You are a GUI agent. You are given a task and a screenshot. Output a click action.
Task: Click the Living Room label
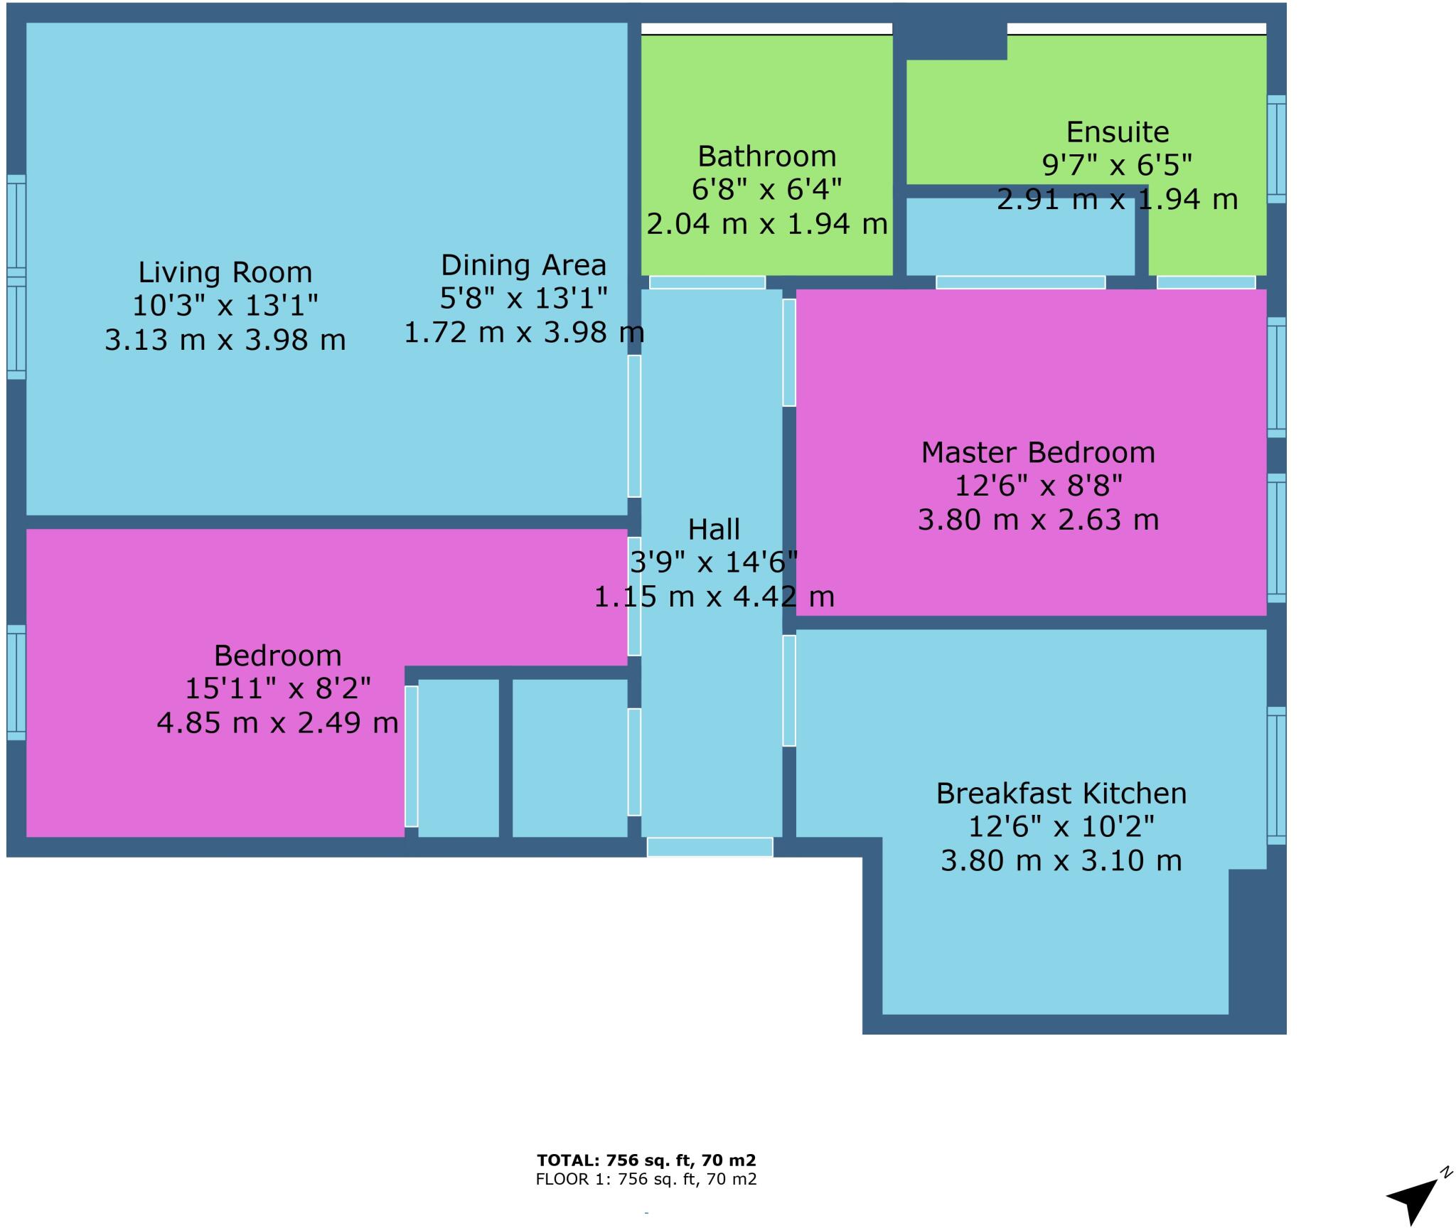[225, 272]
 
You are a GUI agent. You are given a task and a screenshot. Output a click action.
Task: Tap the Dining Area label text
[523, 265]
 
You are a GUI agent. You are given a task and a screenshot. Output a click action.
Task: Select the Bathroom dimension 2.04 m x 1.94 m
[766, 224]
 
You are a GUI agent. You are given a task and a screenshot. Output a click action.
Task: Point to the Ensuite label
[1117, 132]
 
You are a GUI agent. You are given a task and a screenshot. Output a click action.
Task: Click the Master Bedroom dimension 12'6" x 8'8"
[1037, 486]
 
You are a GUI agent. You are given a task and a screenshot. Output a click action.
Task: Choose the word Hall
[714, 530]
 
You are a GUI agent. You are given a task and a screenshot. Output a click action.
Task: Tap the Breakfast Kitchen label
[1061, 794]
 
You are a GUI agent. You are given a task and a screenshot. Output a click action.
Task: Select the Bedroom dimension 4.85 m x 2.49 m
[277, 723]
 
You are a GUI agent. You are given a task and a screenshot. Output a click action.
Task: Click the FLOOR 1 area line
[646, 1180]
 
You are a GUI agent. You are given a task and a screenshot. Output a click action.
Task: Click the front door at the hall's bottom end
[710, 847]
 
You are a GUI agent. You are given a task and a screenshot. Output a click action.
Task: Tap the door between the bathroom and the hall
[707, 282]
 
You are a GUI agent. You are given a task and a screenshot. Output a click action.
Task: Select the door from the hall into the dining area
[633, 426]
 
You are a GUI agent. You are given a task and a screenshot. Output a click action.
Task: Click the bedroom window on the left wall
[16, 683]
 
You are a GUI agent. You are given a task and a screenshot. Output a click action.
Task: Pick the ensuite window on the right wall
[1276, 149]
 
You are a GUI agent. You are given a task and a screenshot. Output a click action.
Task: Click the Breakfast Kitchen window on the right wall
[1276, 776]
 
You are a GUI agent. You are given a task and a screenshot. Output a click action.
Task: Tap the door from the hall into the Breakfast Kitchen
[788, 690]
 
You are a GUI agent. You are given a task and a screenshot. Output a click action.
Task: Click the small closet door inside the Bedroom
[411, 757]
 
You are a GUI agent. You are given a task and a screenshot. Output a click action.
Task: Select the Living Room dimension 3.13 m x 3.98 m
[225, 340]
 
